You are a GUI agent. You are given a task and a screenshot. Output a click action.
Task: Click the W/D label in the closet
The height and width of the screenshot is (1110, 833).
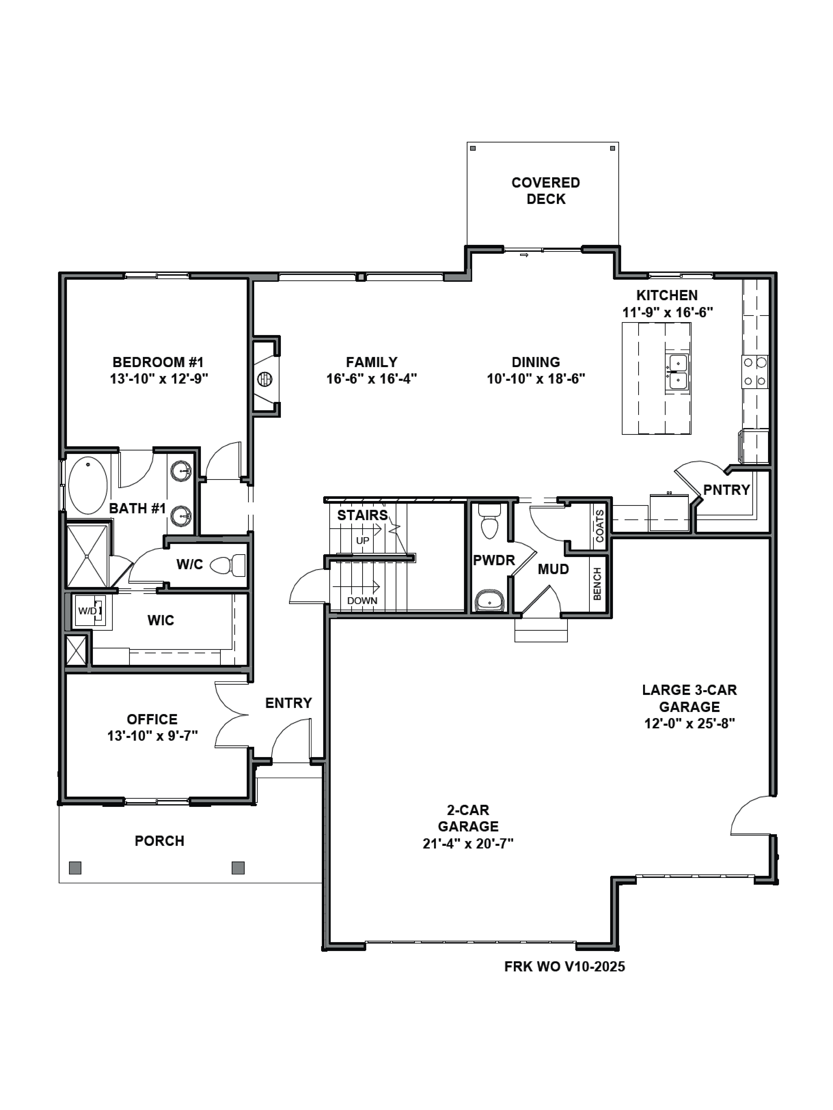click(87, 611)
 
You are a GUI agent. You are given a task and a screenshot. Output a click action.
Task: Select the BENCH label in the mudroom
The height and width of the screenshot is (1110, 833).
click(597, 584)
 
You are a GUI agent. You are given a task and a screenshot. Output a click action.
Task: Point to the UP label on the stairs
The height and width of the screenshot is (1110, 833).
click(362, 541)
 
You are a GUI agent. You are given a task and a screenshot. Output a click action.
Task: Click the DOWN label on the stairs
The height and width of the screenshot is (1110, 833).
click(362, 601)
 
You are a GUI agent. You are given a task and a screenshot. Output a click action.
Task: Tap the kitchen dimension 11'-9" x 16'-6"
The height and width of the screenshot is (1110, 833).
click(667, 312)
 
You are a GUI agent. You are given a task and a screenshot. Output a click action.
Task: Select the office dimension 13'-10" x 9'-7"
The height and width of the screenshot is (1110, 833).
click(152, 736)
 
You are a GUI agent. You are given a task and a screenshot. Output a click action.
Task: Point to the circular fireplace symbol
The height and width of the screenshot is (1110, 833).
click(265, 379)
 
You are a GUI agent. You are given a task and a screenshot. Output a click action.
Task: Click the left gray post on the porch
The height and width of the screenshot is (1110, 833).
click(75, 868)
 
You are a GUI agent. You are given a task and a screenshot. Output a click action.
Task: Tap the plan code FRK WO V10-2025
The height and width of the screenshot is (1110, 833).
click(564, 967)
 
